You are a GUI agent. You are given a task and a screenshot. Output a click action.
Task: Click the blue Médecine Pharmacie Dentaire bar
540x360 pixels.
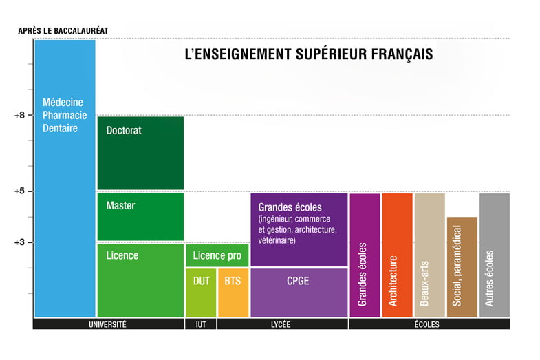[65, 179]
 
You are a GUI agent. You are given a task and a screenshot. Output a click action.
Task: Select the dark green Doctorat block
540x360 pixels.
[140, 153]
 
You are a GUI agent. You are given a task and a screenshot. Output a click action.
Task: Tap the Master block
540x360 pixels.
[140, 216]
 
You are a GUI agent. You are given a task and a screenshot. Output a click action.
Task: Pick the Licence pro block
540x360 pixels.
[217, 255]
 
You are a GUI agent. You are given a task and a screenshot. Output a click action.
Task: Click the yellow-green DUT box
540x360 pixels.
[201, 293]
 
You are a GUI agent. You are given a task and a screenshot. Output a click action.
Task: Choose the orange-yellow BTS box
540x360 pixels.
[233, 293]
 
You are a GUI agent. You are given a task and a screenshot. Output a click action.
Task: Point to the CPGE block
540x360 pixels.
[299, 293]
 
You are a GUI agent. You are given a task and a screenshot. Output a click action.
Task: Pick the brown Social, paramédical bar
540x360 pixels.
[462, 267]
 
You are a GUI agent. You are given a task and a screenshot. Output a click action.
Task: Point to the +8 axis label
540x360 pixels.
[19, 116]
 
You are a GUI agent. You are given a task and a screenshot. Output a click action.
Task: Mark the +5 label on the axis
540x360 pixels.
[19, 191]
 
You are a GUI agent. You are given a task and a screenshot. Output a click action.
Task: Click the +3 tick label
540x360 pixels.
[19, 242]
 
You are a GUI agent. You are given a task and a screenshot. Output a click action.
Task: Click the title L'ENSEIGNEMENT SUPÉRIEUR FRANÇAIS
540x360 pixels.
[309, 54]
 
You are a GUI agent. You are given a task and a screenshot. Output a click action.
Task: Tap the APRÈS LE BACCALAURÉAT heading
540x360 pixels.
[63, 30]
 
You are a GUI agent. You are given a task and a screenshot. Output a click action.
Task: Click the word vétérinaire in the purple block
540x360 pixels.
[277, 241]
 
